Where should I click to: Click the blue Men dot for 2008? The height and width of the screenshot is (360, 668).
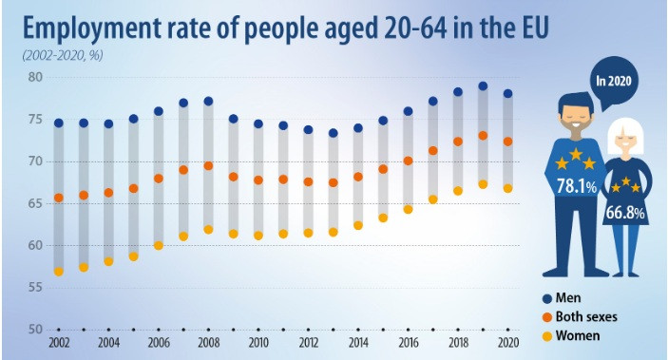[x=208, y=101]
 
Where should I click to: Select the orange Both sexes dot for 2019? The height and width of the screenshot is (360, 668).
[x=483, y=136]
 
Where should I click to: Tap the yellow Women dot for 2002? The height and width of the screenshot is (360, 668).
[x=59, y=272]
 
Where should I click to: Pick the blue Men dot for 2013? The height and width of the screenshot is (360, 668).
[x=333, y=133]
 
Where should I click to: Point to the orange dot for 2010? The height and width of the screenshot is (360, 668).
[x=258, y=180]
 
